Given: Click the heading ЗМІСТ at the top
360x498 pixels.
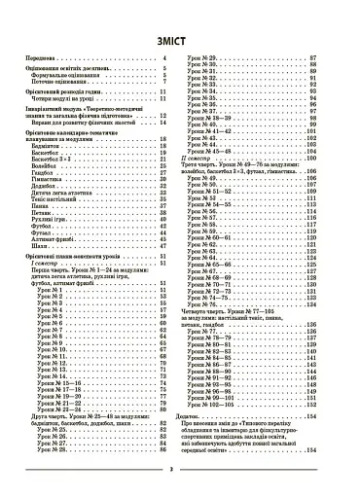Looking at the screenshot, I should (180, 41).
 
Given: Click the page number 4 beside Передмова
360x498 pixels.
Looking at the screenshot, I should (166, 60).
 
